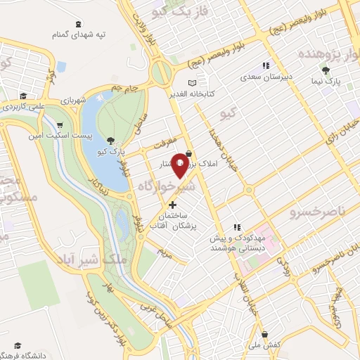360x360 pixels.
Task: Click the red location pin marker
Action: pyautogui.click(x=181, y=165)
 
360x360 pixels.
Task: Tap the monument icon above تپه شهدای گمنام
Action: pyautogui.click(x=76, y=22)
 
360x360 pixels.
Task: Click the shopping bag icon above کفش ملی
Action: pyautogui.click(x=264, y=334)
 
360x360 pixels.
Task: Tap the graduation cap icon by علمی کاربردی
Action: pyautogui.click(x=22, y=96)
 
